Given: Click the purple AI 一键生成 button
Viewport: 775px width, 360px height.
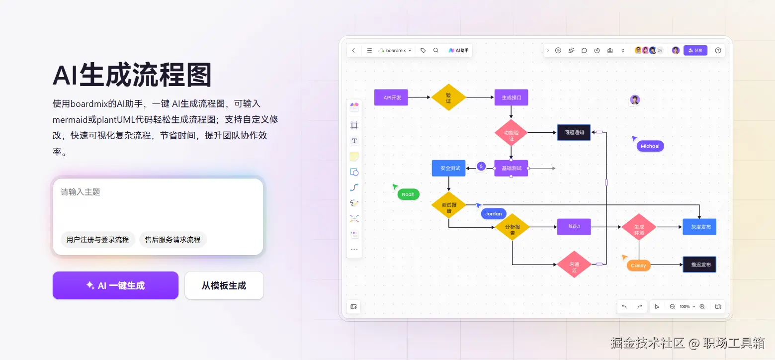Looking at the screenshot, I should point(115,285).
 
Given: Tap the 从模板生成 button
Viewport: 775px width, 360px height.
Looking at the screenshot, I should point(224,285).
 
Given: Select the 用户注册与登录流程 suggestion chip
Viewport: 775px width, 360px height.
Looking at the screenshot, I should point(97,240).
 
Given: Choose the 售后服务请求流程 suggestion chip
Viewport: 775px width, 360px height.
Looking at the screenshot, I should point(172,240).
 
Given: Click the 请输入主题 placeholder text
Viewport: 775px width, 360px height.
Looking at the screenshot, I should point(81,192).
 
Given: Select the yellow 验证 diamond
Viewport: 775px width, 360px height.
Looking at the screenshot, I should point(448,97).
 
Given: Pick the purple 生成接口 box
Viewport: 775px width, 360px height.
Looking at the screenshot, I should point(511,97).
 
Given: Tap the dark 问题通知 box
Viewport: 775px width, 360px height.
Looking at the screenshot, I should point(574,133).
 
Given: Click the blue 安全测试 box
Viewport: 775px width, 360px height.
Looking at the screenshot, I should point(448,168).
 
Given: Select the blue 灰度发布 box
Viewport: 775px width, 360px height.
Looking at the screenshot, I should point(699,227).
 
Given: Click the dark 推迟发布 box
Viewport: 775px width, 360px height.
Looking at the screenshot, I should point(699,265).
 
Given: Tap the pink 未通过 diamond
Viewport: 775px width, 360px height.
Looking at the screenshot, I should point(574,265).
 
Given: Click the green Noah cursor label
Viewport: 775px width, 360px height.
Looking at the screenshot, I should point(408,194).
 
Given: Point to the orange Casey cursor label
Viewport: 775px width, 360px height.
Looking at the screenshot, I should point(638,266).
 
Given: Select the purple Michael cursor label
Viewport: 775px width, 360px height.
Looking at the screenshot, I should point(650,146).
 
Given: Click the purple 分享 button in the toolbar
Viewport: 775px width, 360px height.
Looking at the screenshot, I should point(695,50).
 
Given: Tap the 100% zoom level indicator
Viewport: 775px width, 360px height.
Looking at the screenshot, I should point(685,307).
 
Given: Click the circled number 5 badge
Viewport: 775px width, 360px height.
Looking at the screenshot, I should point(481,166).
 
